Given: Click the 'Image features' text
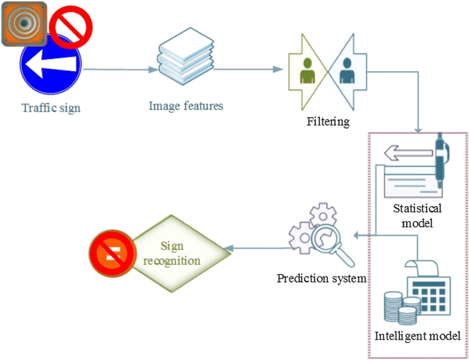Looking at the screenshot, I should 186,106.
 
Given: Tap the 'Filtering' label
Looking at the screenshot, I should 329,122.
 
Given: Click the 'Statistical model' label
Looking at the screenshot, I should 418,215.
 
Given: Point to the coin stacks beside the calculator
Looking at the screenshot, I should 401,309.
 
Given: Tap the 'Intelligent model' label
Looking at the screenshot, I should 417,337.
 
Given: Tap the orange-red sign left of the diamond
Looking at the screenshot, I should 110,254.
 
